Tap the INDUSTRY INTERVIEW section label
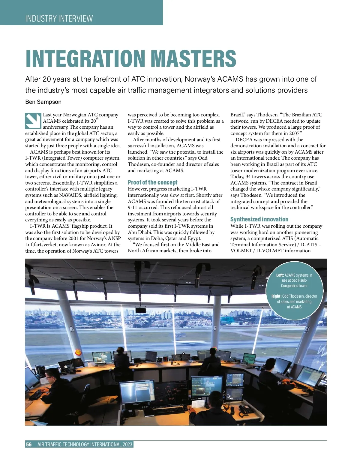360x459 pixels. point(59,19)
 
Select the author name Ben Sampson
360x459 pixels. point(43,102)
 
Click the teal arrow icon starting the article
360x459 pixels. point(33,121)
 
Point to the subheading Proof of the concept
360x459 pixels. point(152,182)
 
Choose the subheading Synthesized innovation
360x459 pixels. point(259,219)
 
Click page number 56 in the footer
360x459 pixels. point(29,444)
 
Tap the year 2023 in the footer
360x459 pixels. point(127,444)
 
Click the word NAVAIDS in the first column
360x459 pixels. point(70,195)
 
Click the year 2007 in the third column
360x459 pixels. point(295,133)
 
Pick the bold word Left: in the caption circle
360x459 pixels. point(280,275)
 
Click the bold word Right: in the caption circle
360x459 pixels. point(276,296)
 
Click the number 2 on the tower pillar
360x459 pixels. point(72,329)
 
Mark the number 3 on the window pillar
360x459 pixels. point(215,328)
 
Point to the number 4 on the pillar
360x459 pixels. point(307,330)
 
